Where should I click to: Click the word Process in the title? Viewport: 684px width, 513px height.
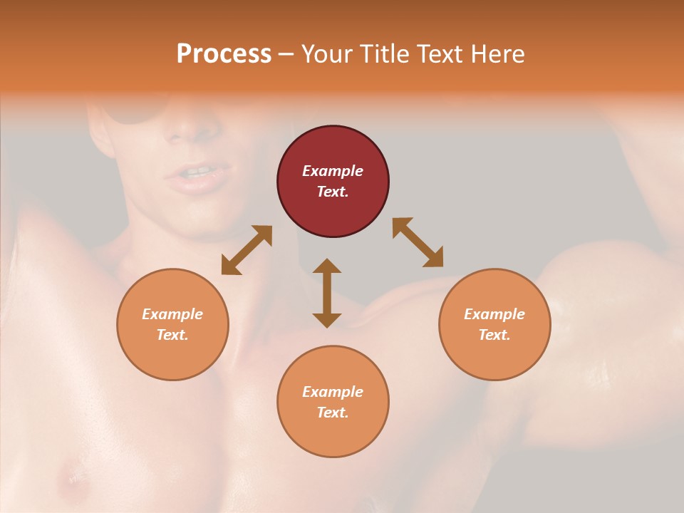(x=224, y=54)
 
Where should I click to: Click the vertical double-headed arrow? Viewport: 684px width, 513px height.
(x=327, y=293)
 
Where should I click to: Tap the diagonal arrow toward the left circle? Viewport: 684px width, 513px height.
(x=247, y=250)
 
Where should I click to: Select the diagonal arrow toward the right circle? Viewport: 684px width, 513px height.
(x=418, y=242)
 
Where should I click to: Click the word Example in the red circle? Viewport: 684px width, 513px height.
(x=333, y=171)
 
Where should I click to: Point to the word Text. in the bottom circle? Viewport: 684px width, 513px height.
(x=333, y=413)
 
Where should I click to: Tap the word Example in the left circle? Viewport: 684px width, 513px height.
(x=172, y=314)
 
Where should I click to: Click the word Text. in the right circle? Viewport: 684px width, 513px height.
(x=494, y=335)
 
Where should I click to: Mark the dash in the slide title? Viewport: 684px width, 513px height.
(x=286, y=54)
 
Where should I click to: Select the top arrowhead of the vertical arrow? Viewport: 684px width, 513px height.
(x=327, y=267)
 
